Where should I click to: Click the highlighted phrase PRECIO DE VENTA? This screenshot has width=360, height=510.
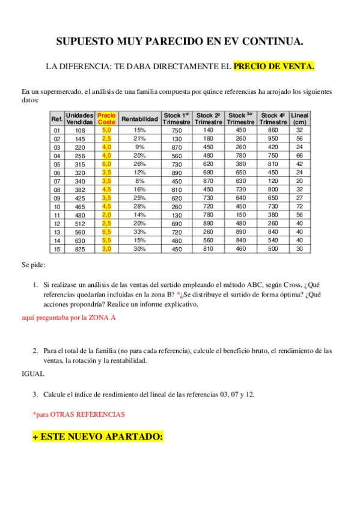point(273,67)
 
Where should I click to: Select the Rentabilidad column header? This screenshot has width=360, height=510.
point(139,118)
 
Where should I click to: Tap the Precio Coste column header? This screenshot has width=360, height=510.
point(106,118)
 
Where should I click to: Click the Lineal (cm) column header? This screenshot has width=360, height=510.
point(299,118)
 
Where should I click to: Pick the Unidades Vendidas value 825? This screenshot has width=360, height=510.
point(80,249)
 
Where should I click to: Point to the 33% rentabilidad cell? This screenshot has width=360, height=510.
point(139,232)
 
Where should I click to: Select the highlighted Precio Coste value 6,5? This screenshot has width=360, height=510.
point(106,232)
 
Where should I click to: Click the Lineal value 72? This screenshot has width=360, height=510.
point(299,206)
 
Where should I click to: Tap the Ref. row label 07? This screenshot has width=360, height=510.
point(57,180)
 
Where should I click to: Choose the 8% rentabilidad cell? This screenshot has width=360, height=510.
point(139,180)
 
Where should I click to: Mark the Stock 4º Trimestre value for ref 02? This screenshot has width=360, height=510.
point(273,138)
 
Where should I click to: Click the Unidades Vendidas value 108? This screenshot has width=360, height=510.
point(80,130)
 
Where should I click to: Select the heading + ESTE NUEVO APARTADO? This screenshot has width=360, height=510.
point(97,437)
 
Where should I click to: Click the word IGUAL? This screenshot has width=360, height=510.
point(32,373)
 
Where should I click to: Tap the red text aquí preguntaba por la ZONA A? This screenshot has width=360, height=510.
point(69,317)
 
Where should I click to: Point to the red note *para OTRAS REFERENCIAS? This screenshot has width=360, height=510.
point(79,414)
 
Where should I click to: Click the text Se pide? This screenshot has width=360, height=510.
point(34,265)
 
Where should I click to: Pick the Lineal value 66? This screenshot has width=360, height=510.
point(299,155)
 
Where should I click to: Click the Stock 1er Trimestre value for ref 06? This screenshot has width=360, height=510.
point(176,172)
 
